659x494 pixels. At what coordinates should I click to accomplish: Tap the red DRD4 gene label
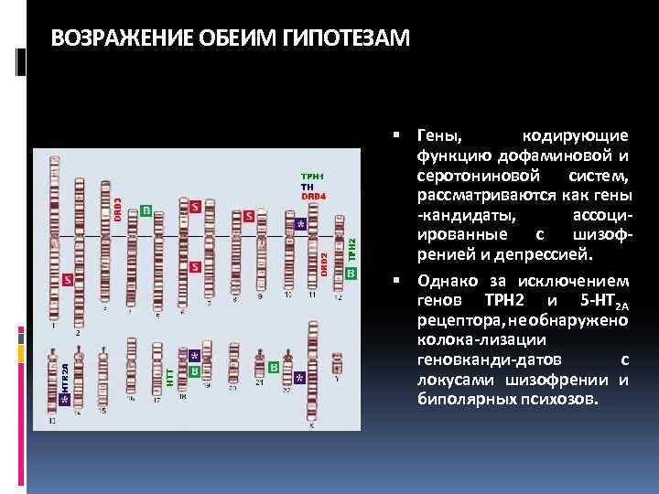[x=313, y=196]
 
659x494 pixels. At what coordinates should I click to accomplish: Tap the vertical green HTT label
[x=170, y=376]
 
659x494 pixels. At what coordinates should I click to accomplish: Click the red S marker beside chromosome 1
[x=67, y=279]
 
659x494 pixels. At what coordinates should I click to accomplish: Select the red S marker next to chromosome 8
[x=249, y=217]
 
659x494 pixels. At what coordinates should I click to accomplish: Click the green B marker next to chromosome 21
[x=274, y=367]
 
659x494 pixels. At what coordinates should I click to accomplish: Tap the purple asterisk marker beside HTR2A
[x=64, y=399]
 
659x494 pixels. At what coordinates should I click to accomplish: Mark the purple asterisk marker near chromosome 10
[x=299, y=222]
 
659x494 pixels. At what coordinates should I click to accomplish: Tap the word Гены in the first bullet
[x=440, y=135]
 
